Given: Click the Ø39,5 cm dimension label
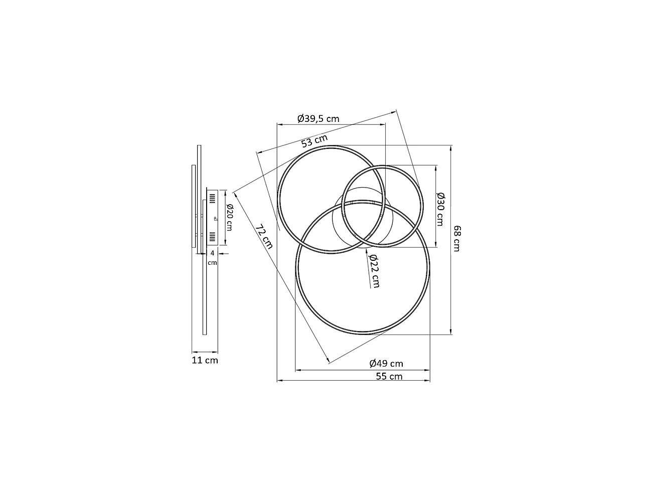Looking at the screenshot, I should click(x=318, y=119).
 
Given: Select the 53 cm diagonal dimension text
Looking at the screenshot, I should click(x=314, y=141).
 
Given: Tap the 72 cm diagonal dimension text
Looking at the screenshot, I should click(x=264, y=237).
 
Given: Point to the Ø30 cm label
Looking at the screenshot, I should click(x=440, y=209).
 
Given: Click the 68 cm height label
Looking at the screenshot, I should click(x=456, y=239).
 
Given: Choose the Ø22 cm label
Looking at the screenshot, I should click(x=374, y=270).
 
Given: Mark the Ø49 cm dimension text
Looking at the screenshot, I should click(x=386, y=364).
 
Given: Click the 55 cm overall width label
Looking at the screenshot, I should click(x=389, y=376).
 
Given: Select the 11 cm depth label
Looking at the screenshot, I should click(x=205, y=360).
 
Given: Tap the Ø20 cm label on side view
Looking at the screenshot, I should click(x=229, y=217).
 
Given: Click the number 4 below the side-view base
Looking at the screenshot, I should click(x=213, y=253).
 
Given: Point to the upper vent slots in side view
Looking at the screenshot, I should click(x=212, y=198).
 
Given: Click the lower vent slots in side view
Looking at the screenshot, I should click(x=212, y=236).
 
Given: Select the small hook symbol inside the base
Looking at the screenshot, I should click(x=215, y=219).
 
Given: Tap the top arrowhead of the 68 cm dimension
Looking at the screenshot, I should click(x=451, y=147).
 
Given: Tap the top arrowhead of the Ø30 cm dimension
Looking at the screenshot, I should click(x=435, y=167).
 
